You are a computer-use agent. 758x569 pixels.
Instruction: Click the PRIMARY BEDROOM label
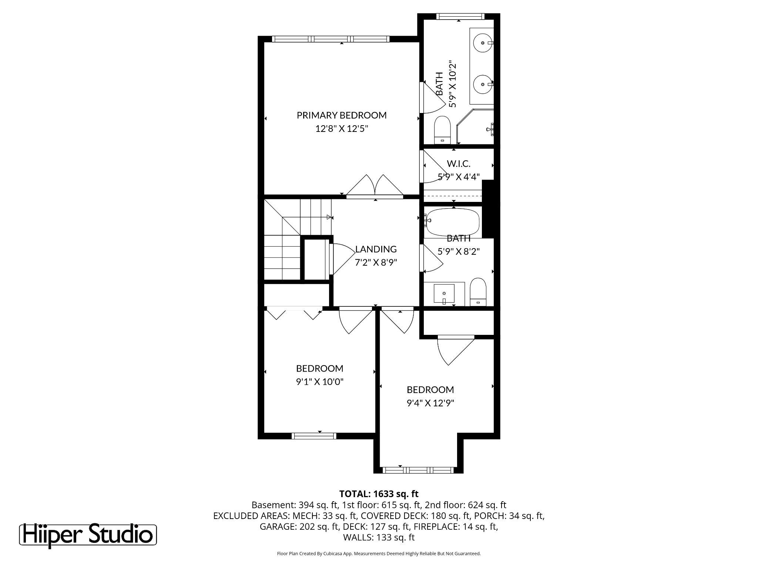coord(341,115)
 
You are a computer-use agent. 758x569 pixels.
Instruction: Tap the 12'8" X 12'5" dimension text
coord(341,129)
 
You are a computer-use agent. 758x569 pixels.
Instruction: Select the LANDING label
coord(376,249)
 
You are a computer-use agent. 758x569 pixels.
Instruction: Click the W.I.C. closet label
coord(458,163)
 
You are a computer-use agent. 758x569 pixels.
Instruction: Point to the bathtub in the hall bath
coord(453,222)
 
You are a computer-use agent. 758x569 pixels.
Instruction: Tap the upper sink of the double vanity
coord(483,43)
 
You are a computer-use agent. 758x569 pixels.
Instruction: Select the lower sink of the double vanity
coord(483,84)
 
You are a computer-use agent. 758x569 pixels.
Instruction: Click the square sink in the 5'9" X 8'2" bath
coord(444,294)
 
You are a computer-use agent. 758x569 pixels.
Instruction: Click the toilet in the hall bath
coord(478,292)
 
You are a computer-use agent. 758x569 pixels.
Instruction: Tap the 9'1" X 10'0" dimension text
coord(319,382)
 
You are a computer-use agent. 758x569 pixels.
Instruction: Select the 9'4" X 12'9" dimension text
coord(430,403)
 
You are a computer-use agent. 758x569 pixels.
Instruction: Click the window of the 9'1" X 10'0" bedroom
coord(314,436)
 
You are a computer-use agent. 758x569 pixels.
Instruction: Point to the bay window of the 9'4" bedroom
coord(418,470)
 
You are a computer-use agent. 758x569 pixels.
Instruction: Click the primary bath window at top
coord(459,16)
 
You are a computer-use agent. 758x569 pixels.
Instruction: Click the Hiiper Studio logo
coord(88,535)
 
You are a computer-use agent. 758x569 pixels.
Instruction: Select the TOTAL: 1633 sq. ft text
coord(379,494)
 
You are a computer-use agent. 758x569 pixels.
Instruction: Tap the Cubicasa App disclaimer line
coord(379,554)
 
